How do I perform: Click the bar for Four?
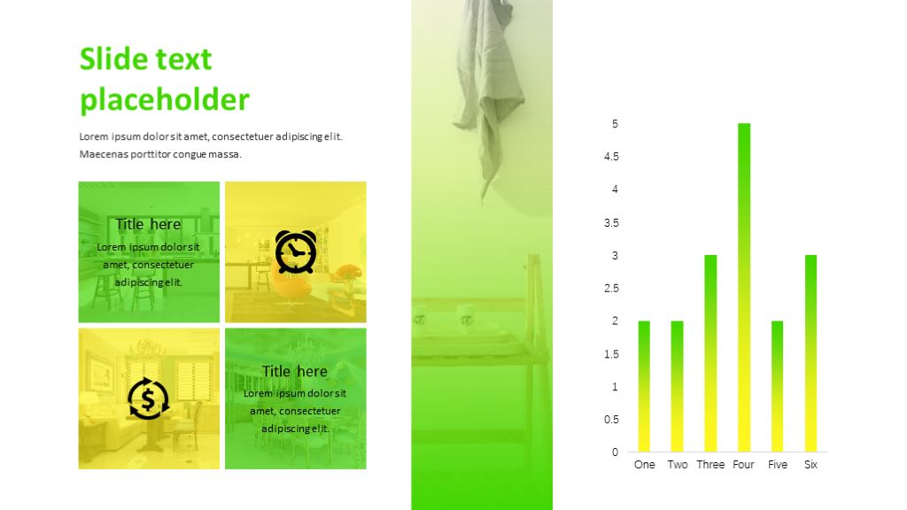click(744, 288)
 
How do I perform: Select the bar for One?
click(644, 386)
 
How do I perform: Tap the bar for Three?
click(710, 353)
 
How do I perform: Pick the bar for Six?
click(811, 353)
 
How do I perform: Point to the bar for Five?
click(778, 386)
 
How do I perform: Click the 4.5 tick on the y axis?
click(611, 157)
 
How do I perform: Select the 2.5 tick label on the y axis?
click(611, 288)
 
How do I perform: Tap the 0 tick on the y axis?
click(615, 452)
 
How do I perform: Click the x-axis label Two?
click(678, 464)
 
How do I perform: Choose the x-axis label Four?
click(743, 464)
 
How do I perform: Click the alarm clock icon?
click(296, 251)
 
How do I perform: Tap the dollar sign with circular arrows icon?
click(148, 398)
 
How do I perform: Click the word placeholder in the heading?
click(165, 100)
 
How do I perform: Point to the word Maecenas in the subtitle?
click(102, 154)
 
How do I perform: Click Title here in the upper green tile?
click(148, 224)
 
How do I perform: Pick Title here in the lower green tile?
click(295, 371)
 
